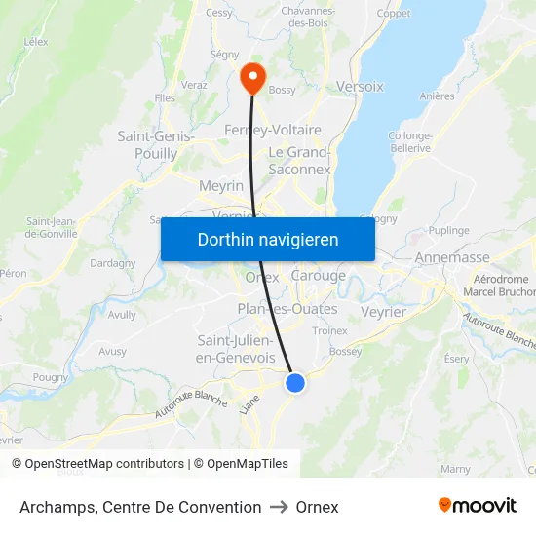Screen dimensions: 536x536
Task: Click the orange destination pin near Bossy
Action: [252, 77]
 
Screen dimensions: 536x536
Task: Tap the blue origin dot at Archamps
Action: [295, 383]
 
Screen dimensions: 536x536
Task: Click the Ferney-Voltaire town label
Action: [259, 130]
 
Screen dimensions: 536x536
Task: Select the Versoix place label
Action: [360, 86]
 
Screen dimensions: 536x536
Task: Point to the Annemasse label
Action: [452, 257]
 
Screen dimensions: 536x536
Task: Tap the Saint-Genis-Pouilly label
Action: [156, 145]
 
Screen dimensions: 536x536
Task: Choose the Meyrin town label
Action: [221, 185]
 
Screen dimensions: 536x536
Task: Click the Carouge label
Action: [319, 276]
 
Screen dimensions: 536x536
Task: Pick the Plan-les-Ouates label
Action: [287, 309]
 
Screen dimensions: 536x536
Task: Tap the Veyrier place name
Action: [383, 312]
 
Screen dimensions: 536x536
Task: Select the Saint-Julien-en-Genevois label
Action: [236, 349]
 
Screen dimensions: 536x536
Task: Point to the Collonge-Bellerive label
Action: [409, 142]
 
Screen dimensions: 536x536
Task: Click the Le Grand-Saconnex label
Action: [299, 161]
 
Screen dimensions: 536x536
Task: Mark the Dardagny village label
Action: [112, 263]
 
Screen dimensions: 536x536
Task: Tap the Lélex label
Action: [36, 42]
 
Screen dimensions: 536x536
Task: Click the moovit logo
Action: [478, 506]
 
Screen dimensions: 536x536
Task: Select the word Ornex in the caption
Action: [318, 507]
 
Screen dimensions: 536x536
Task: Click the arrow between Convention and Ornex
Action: [279, 507]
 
